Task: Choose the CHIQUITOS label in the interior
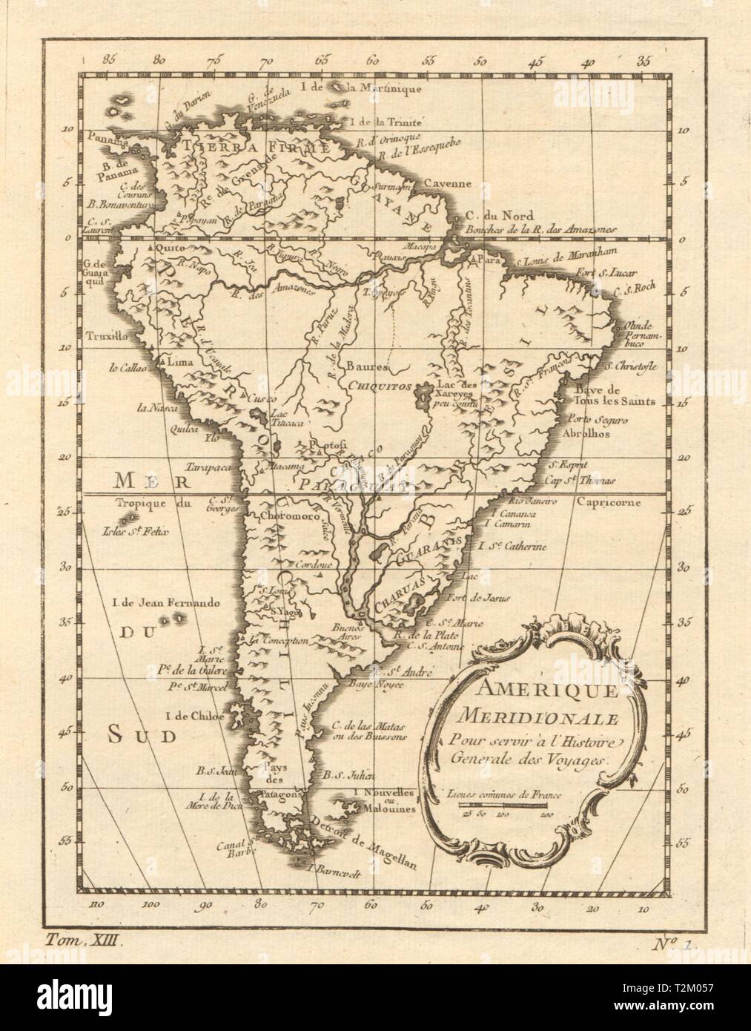373,385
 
